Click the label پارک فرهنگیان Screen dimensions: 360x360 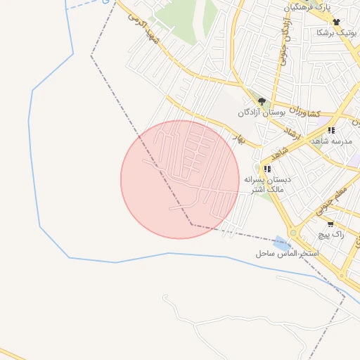pyautogui.click(x=307, y=7)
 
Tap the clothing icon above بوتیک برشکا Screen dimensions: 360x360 pyautogui.click(x=336, y=22)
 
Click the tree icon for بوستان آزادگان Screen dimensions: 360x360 pyautogui.click(x=262, y=101)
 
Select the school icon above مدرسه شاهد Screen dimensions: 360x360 pyautogui.click(x=330, y=130)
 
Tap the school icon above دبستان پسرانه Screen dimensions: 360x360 pyautogui.click(x=266, y=169)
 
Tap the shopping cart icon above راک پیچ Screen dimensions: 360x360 pyautogui.click(x=330, y=224)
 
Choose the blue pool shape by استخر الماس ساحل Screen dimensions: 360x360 pyautogui.click(x=282, y=241)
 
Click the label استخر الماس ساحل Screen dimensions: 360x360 pyautogui.click(x=287, y=252)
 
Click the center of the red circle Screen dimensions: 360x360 pyautogui.click(x=179, y=179)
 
